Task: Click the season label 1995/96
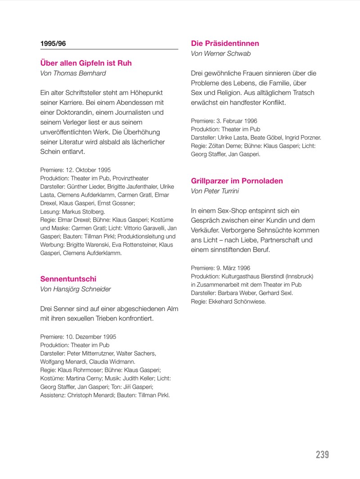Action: tap(54, 44)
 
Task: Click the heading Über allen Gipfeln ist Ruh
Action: tap(86, 63)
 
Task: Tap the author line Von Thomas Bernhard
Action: tap(73, 73)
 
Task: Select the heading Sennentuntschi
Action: tap(68, 279)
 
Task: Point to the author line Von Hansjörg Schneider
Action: tap(76, 289)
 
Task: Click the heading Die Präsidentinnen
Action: tap(225, 44)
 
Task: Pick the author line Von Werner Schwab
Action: tap(221, 54)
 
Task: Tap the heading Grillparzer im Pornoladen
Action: tap(237, 181)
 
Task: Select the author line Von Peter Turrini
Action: tap(215, 191)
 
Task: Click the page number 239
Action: tap(322, 455)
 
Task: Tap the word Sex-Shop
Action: tap(224, 211)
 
